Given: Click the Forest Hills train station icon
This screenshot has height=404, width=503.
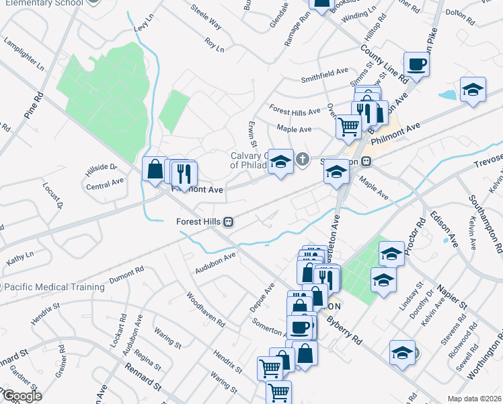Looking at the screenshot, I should pyautogui.click(x=229, y=222).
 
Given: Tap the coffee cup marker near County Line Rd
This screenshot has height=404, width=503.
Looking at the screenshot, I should pyautogui.click(x=416, y=65).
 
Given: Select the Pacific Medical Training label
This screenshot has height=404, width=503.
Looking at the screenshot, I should pyautogui.click(x=55, y=287).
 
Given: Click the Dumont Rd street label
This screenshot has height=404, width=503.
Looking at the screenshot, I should pyautogui.click(x=126, y=272).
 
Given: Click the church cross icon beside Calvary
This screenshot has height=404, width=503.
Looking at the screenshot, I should pyautogui.click(x=303, y=160).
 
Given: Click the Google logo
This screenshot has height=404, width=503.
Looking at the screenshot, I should pyautogui.click(x=22, y=396).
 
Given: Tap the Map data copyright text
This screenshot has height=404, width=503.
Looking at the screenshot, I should pyautogui.click(x=474, y=398).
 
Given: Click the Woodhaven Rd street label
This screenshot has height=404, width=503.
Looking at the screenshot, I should pyautogui.click(x=205, y=310).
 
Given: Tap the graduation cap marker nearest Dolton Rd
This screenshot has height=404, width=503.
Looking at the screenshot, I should pyautogui.click(x=473, y=90).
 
